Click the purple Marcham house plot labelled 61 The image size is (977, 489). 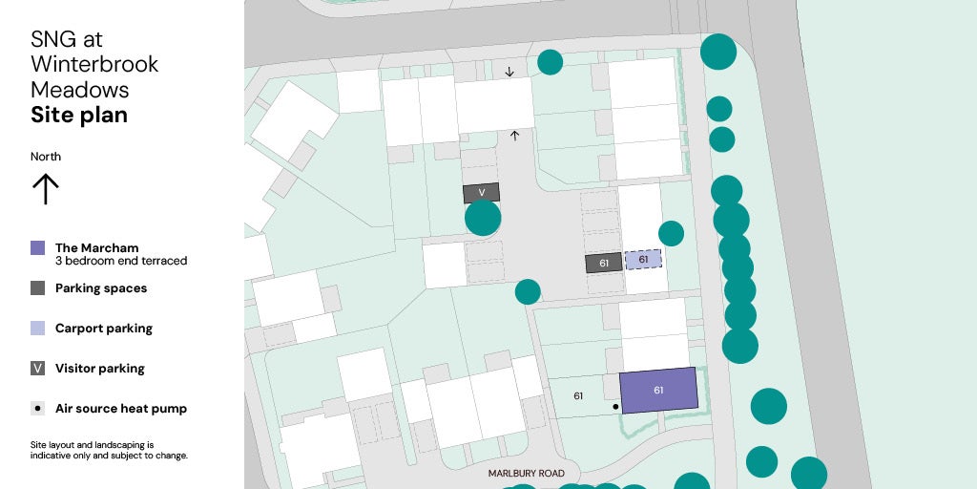click(x=658, y=390)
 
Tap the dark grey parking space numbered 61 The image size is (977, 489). click(x=604, y=263)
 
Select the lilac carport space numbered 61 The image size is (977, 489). click(x=643, y=259)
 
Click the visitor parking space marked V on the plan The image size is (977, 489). click(x=482, y=193)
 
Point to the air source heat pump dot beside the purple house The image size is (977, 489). click(x=615, y=407)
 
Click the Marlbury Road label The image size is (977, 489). click(x=526, y=474)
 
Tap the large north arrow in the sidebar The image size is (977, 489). click(x=45, y=188)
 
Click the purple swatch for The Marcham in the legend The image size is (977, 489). click(x=38, y=248)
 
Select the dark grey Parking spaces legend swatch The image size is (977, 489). click(x=38, y=288)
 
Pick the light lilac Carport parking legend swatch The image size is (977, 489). click(x=38, y=329)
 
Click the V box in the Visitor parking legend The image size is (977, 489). click(x=38, y=369)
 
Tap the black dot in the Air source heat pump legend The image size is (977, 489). click(x=38, y=409)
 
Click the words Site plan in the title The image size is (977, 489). click(x=79, y=116)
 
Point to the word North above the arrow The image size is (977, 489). click(x=46, y=157)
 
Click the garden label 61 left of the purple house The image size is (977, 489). click(x=578, y=395)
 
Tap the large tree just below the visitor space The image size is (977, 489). click(x=483, y=218)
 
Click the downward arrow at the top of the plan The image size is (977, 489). click(x=509, y=72)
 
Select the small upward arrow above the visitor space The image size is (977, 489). click(x=515, y=136)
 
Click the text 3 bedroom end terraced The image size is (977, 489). click(x=121, y=261)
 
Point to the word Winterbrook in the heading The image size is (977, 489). click(x=94, y=65)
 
